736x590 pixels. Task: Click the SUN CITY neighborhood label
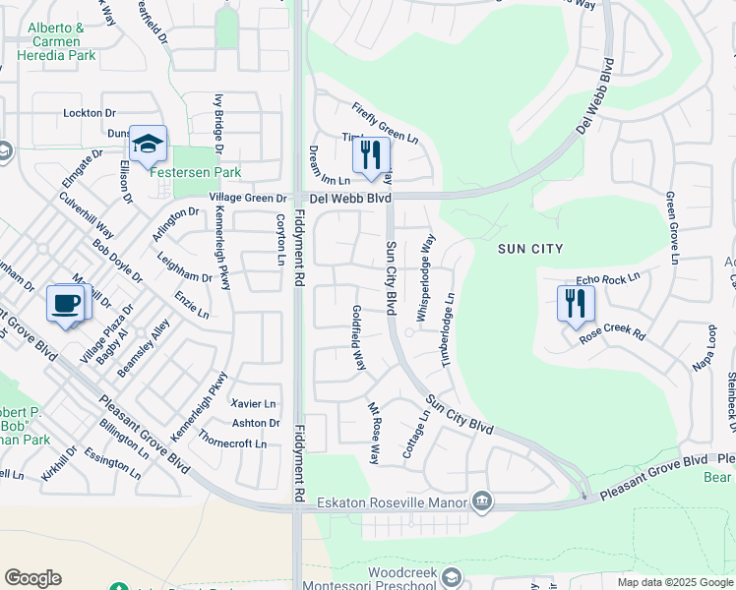(531, 249)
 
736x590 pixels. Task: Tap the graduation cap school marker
(148, 145)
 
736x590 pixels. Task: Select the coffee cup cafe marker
(66, 303)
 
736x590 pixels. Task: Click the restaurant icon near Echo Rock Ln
(576, 303)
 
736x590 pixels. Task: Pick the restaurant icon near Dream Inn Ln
(371, 155)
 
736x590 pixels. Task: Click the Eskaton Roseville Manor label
(393, 502)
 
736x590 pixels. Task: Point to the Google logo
(32, 578)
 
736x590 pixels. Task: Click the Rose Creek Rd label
(611, 333)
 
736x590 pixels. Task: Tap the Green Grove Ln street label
(672, 228)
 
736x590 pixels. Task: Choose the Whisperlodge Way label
(425, 277)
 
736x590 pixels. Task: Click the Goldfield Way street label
(360, 337)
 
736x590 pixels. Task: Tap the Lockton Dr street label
(90, 113)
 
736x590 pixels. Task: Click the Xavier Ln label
(254, 403)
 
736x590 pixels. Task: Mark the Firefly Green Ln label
(386, 124)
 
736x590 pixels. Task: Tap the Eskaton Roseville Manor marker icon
(482, 501)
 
